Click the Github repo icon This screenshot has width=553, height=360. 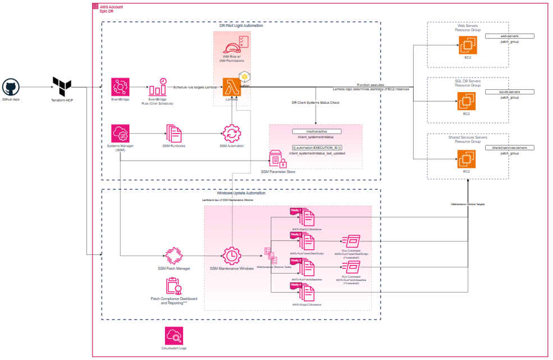pos(11,87)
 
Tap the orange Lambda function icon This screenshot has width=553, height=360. pos(232,87)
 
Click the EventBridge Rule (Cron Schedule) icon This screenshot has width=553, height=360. pos(160,88)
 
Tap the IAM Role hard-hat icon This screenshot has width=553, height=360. pos(232,44)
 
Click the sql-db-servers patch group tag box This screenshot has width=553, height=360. pos(509,91)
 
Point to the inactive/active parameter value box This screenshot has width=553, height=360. pos(316,131)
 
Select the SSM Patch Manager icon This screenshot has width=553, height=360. pos(174,254)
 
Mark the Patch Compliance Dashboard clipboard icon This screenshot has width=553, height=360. pos(173,287)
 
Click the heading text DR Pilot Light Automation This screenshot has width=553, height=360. pos(241,26)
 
